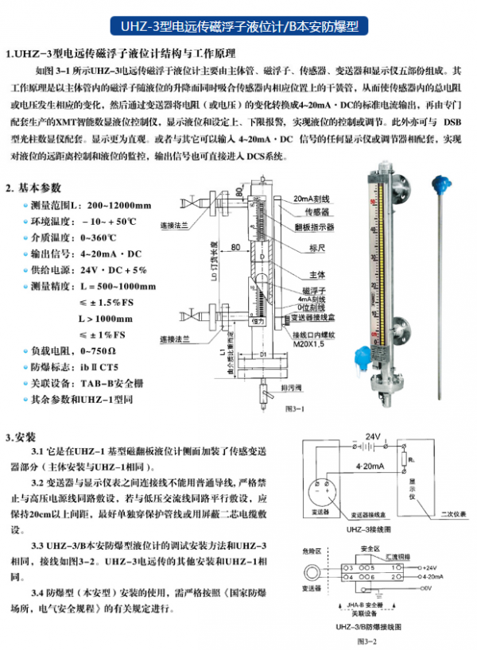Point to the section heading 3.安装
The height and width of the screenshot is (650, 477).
pos(20,437)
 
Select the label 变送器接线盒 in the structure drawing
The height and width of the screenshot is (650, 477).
pos(318,318)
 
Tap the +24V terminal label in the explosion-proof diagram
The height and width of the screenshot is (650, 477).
pos(430,569)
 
